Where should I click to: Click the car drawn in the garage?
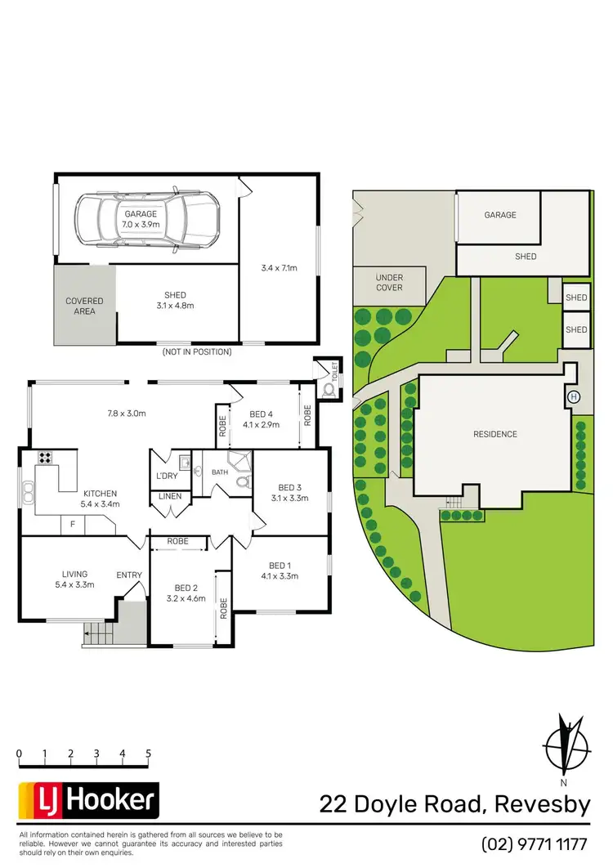(x=147, y=218)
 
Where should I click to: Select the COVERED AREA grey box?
(x=85, y=306)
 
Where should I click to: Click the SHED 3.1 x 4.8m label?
(x=175, y=300)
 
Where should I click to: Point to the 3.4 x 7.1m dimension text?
(x=280, y=267)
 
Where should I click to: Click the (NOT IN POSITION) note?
(x=196, y=352)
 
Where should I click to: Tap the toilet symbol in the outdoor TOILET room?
(x=330, y=389)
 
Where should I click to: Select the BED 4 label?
(x=261, y=414)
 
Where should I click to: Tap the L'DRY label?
(x=167, y=476)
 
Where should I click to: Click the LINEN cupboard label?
(x=170, y=497)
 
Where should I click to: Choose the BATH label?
(x=221, y=472)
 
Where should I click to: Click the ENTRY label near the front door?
(x=129, y=575)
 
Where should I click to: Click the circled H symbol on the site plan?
(x=573, y=396)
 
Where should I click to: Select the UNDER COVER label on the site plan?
(x=389, y=283)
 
